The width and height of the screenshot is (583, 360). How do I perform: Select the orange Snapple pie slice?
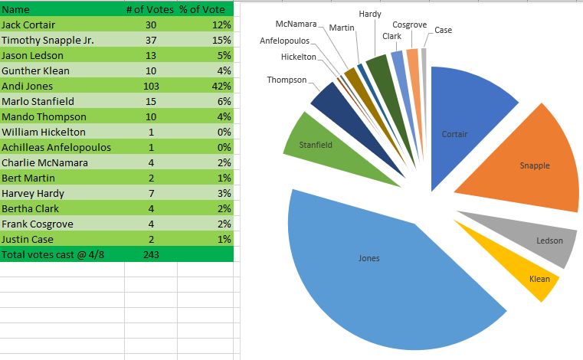529,165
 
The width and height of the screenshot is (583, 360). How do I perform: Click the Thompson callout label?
287,80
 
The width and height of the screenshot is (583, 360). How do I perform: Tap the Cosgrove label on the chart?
409,25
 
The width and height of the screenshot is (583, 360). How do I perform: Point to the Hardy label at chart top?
370,15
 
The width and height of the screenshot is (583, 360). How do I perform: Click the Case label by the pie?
443,31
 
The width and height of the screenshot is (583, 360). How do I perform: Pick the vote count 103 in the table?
150,86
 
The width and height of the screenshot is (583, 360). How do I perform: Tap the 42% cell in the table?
222,86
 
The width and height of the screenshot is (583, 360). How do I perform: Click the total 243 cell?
150,254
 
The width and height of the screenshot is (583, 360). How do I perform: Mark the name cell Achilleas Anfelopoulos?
56,147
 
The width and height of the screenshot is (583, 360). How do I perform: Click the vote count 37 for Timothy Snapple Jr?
150,40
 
